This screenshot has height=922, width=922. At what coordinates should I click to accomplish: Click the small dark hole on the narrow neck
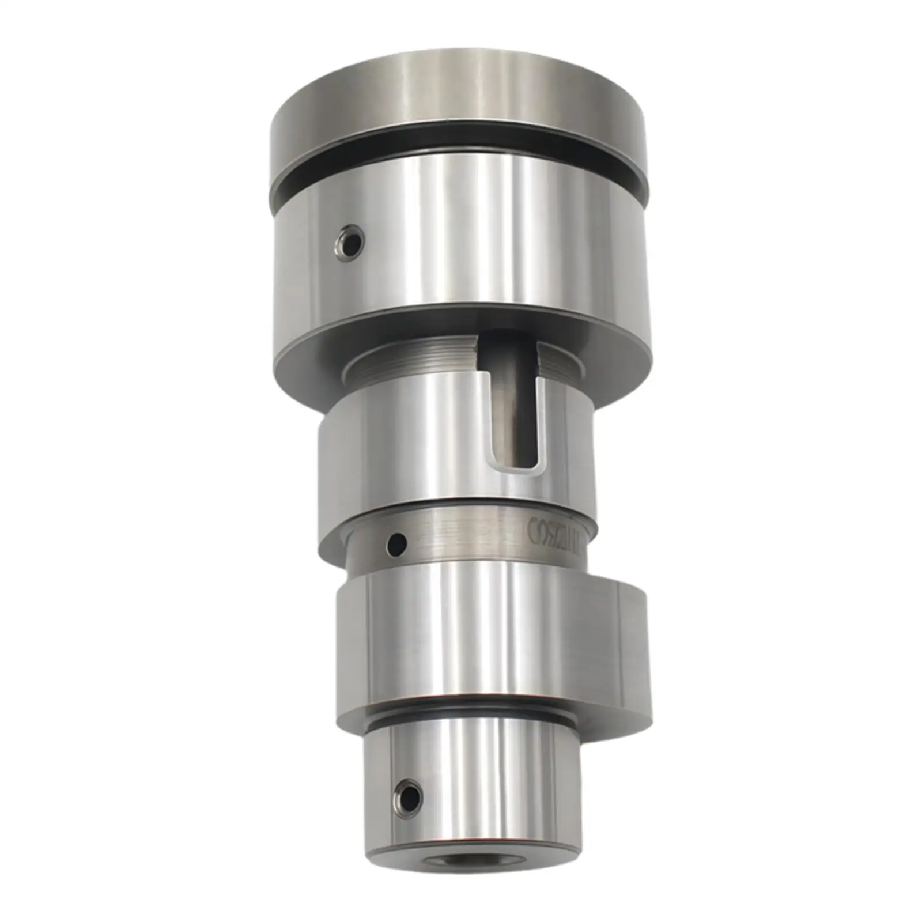click(397, 543)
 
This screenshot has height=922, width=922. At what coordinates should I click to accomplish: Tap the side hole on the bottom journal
click(409, 797)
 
